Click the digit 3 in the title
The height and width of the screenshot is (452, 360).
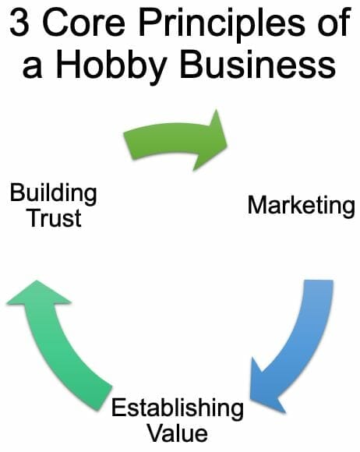19,22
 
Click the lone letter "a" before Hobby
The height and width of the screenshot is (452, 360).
32,68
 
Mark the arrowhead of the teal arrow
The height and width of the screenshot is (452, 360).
38,292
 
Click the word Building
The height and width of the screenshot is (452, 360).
53,194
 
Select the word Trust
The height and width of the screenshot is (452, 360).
55,218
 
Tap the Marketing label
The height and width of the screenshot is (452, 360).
302,206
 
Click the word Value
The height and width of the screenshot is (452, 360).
178,433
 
